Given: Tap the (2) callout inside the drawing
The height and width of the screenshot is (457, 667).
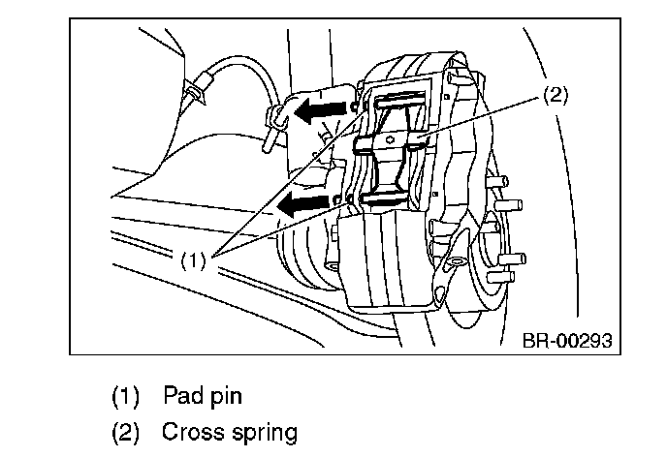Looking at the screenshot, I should [554, 95].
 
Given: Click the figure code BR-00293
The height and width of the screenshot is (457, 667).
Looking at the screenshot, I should [567, 341].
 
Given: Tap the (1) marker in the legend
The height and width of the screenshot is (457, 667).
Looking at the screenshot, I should [126, 396].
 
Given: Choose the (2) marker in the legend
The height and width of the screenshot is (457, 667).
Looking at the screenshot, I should [126, 431].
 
